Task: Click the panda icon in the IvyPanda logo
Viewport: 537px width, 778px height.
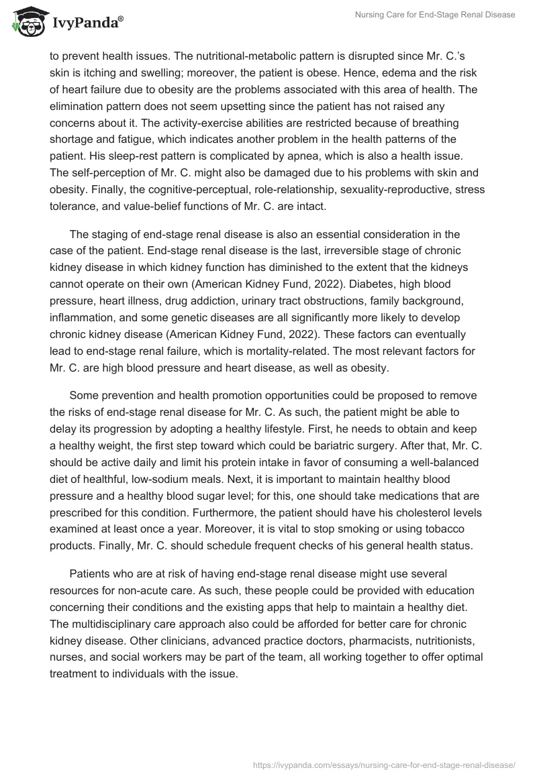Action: pyautogui.click(x=27, y=23)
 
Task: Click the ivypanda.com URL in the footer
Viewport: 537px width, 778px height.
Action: pyautogui.click(x=384, y=763)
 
